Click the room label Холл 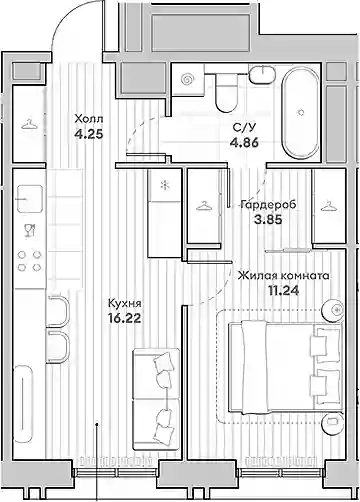pyautogui.click(x=89, y=119)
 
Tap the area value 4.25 pyautogui.click(x=89, y=135)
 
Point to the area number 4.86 pyautogui.click(x=244, y=143)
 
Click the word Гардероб pyautogui.click(x=268, y=204)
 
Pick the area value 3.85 pyautogui.click(x=268, y=220)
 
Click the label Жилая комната pyautogui.click(x=284, y=276)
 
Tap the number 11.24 pyautogui.click(x=284, y=291)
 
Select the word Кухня pyautogui.click(x=125, y=303)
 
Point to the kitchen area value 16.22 pyautogui.click(x=125, y=318)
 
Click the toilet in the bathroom pyautogui.click(x=227, y=92)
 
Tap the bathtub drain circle pyautogui.click(x=301, y=112)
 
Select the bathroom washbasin pyautogui.click(x=262, y=75)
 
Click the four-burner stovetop pyautogui.click(x=29, y=261)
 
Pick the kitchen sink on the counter pyautogui.click(x=30, y=199)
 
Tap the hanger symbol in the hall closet pyautogui.click(x=29, y=125)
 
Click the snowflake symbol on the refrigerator pyautogui.click(x=164, y=185)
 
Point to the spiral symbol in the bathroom pyautogui.click(x=187, y=79)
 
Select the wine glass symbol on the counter pyautogui.click(x=30, y=230)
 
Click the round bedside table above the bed pyautogui.click(x=332, y=310)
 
